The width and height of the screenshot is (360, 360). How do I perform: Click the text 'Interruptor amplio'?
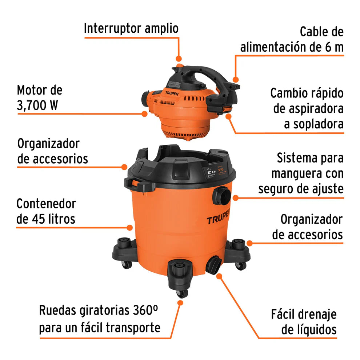pos(131,28)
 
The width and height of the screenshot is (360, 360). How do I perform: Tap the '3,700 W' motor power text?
pos(37,105)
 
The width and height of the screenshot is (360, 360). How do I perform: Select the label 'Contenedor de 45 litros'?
pos(46,211)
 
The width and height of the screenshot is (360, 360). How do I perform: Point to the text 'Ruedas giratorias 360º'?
pos(99,311)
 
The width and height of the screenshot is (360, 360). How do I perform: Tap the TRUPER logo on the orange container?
pos(218,220)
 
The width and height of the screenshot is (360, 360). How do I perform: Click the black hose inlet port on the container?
pos(222,196)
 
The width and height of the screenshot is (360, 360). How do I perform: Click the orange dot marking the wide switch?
pos(179,59)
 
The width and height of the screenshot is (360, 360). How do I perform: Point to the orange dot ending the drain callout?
pos(219,276)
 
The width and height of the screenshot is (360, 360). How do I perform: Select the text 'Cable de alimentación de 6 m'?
pos(292,39)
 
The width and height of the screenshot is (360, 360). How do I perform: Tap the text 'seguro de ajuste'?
pos(301,188)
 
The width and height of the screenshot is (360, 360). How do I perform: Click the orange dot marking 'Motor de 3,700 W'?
pos(144,113)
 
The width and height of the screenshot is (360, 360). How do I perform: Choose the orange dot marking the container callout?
pos(129,228)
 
